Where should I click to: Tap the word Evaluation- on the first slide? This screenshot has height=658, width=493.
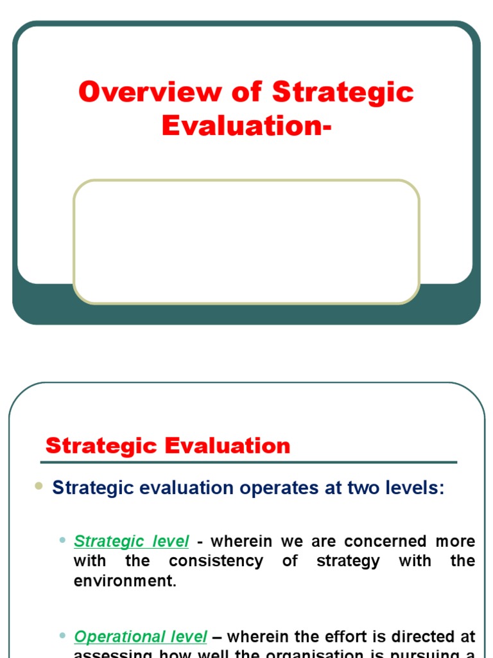click(246, 125)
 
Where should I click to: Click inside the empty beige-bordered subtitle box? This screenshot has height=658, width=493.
click(246, 241)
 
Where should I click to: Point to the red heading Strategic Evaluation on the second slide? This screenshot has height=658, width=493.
click(168, 446)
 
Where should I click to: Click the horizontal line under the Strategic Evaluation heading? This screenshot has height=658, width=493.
click(248, 462)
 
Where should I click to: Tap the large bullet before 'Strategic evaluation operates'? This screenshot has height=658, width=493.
click(39, 487)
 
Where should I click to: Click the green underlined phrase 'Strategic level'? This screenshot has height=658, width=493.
click(132, 542)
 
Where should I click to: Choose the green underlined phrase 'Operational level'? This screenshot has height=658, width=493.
click(141, 637)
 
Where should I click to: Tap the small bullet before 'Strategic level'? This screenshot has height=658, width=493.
click(62, 541)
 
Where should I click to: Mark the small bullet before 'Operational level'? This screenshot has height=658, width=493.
click(62, 636)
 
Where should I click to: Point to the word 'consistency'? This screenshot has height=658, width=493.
click(216, 561)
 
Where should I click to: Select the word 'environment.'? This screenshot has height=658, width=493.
click(125, 580)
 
